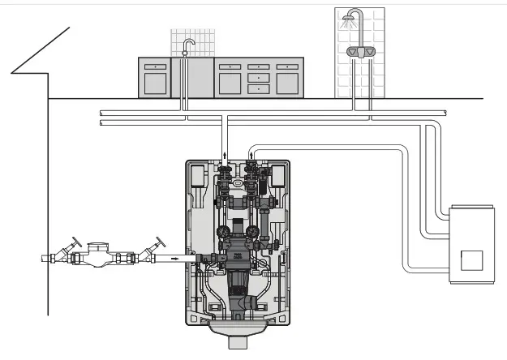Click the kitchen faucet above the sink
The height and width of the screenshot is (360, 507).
pyautogui.click(x=188, y=45)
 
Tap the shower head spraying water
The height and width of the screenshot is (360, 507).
pyautogui.click(x=354, y=15)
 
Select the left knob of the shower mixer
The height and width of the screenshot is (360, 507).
pyautogui.click(x=353, y=51)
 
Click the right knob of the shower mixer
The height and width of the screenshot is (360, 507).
pyautogui.click(x=369, y=51)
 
